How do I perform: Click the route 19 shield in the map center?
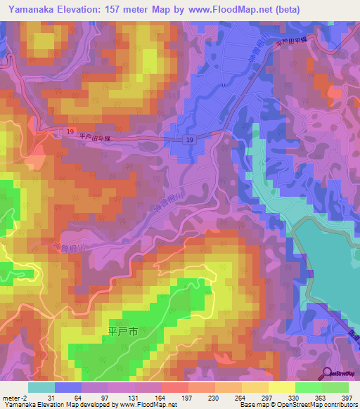pos(191,141)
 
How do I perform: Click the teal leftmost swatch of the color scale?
pos(41,387)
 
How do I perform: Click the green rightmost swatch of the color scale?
pos(335,387)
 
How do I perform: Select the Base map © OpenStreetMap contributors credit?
pos(297,405)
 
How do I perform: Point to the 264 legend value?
pos(238,397)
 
